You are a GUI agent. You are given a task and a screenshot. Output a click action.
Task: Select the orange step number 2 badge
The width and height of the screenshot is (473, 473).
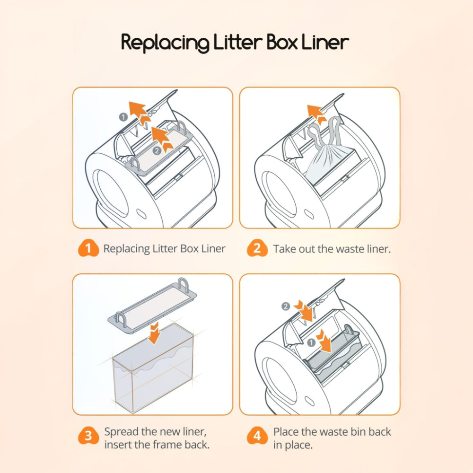tap(257, 249)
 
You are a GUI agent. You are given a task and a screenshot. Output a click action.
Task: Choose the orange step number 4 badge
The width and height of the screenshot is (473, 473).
tap(257, 436)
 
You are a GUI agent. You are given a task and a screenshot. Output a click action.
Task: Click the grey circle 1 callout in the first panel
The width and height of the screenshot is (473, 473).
tap(123, 116)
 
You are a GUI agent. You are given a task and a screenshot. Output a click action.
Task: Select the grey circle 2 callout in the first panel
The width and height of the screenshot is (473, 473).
tap(157, 151)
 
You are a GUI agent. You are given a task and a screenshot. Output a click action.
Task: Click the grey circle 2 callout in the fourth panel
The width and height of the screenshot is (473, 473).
tap(286, 307)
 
